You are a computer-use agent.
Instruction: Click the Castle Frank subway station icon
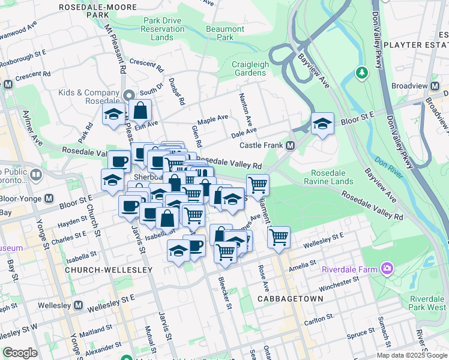coord(290,146)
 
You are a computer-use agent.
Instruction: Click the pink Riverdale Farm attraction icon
coord(388,268)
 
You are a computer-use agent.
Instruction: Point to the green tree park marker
coord(361,73)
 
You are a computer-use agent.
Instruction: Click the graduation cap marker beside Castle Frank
coord(322,124)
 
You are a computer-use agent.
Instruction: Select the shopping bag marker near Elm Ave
coord(140,110)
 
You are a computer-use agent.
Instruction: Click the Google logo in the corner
coord(20,353)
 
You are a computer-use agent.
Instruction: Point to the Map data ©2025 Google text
coord(412,355)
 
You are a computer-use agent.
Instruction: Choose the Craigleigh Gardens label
coord(249,68)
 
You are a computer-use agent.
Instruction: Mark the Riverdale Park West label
coord(427,303)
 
